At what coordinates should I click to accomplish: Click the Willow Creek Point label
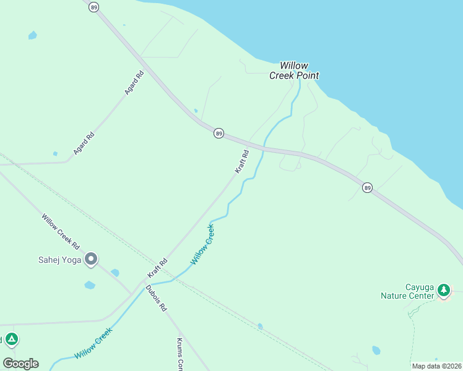tap(294, 70)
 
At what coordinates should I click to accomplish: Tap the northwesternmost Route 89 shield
tap(93, 7)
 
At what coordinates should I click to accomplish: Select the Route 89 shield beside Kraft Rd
tap(219, 133)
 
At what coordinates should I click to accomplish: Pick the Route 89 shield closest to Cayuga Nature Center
tap(367, 187)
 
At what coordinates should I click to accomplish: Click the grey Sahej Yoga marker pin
tap(91, 259)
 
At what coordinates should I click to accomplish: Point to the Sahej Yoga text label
tap(59, 260)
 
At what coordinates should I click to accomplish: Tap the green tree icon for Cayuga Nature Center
tap(443, 289)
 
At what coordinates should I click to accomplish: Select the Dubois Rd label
tap(157, 297)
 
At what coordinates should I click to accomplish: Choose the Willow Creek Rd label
tap(61, 231)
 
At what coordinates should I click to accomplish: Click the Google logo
tap(20, 363)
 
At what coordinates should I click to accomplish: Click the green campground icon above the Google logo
tap(11, 339)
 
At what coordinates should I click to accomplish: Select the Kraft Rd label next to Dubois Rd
tap(157, 268)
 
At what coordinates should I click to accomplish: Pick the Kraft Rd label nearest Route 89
tap(241, 161)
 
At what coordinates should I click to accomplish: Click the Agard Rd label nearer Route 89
tap(134, 82)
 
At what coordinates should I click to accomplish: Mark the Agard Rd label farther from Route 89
tap(84, 143)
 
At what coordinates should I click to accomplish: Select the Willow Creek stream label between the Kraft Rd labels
tap(202, 245)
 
